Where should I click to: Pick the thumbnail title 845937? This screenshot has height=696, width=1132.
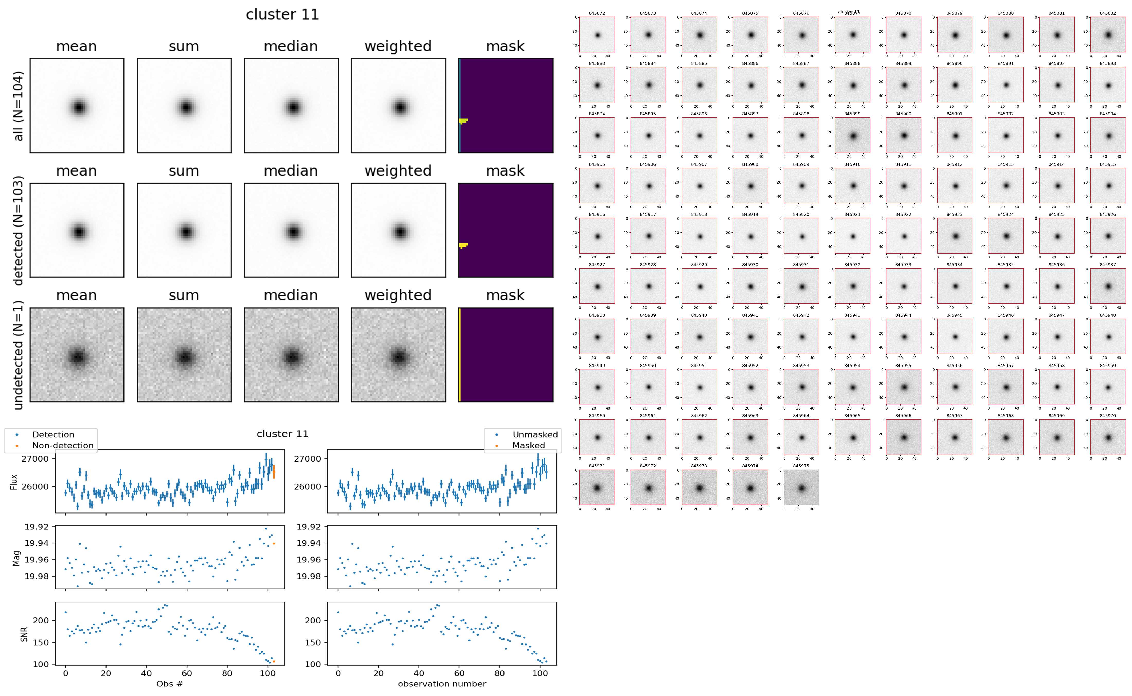click(x=1108, y=265)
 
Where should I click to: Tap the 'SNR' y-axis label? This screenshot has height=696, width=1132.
click(x=24, y=634)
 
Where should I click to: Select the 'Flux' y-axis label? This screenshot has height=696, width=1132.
click(x=14, y=482)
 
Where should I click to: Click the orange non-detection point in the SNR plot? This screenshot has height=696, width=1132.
click(x=274, y=662)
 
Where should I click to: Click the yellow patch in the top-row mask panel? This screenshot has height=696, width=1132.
click(x=463, y=121)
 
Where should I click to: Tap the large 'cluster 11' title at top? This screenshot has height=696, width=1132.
click(x=282, y=15)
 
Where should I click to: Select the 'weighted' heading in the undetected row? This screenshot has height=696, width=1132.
click(x=398, y=295)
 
